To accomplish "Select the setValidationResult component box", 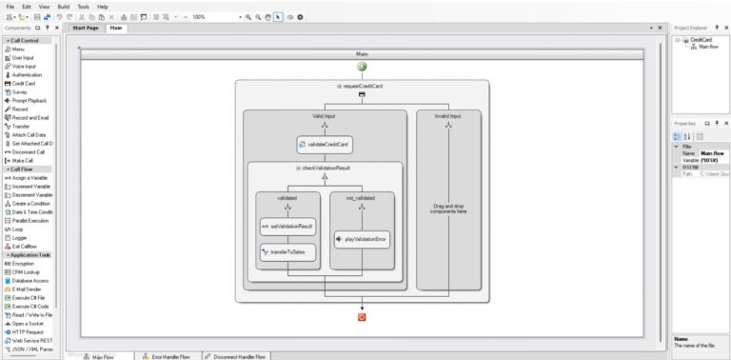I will click(286, 226).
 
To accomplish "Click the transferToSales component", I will click(286, 252).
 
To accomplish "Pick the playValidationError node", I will click(362, 239).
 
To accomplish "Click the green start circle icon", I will click(363, 67).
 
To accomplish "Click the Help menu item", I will click(102, 7).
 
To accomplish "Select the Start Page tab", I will click(86, 28).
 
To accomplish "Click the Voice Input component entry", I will click(24, 66).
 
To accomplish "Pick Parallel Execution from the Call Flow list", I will click(30, 220).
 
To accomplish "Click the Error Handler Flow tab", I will click(169, 356).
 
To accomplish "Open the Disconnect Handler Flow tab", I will click(237, 356).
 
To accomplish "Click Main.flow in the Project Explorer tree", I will click(708, 46).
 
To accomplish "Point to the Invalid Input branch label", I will click(448, 116).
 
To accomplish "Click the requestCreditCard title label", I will click(365, 86).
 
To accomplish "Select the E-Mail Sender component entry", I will click(28, 290).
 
